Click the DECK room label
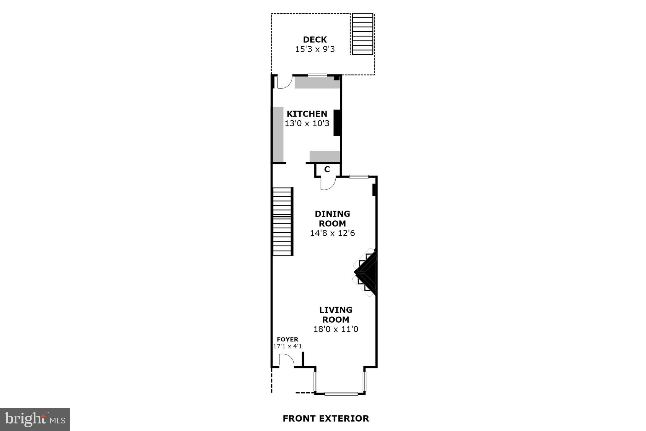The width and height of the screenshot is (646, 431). click(x=315, y=40)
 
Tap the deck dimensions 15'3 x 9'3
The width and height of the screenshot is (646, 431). click(x=315, y=49)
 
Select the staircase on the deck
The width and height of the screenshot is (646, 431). click(x=362, y=34)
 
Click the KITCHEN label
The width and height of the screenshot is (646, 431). click(x=307, y=114)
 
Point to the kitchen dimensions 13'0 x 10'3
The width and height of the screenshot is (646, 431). click(x=307, y=123)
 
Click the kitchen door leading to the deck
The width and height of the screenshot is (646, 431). click(x=284, y=82)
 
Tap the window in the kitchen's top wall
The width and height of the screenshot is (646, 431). click(x=317, y=75)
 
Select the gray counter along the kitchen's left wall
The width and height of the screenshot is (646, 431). click(x=278, y=134)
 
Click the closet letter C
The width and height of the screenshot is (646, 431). click(x=327, y=170)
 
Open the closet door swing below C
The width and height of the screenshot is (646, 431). click(x=327, y=183)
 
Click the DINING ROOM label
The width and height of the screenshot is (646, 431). click(x=332, y=218)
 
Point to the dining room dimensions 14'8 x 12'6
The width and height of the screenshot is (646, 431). click(x=332, y=233)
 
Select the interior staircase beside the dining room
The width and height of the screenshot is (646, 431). click(x=282, y=221)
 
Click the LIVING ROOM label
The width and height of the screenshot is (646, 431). click(x=336, y=314)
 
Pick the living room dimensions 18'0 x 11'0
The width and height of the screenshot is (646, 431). click(x=336, y=329)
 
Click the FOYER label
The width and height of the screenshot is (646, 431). click(x=287, y=339)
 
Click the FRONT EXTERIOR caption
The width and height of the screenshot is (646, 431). click(x=326, y=418)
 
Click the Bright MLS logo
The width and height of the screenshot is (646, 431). click(x=35, y=419)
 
